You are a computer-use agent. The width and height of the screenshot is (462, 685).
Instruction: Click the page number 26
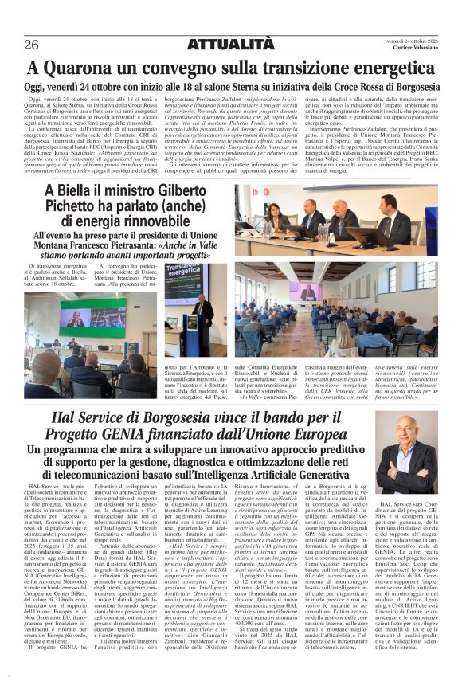(32, 44)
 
